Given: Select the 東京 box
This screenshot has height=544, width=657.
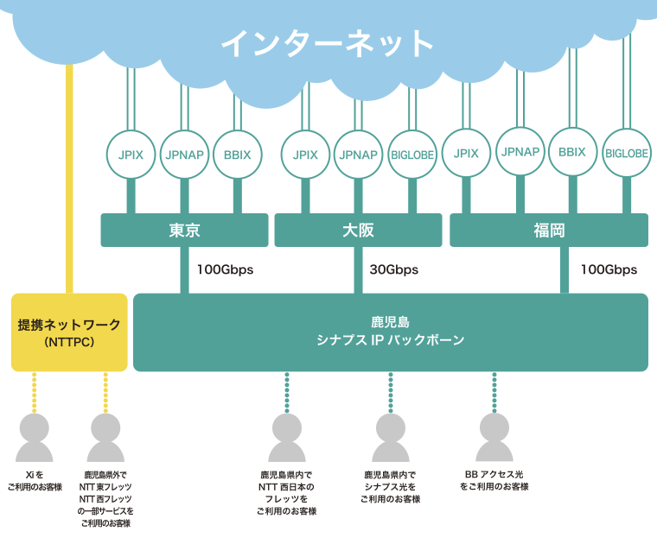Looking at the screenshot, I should pyautogui.click(x=185, y=231).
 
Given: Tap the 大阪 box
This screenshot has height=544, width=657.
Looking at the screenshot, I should pyautogui.click(x=358, y=231).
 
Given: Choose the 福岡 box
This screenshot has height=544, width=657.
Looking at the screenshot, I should pyautogui.click(x=548, y=231).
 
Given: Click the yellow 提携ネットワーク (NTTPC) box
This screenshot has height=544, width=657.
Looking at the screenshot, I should pyautogui.click(x=69, y=332).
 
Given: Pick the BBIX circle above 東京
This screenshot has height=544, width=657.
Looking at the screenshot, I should pyautogui.click(x=237, y=155).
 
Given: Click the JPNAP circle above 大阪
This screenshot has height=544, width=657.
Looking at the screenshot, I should pyautogui.click(x=358, y=155).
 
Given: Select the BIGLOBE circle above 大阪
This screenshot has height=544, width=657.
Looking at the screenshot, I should pyautogui.click(x=411, y=155).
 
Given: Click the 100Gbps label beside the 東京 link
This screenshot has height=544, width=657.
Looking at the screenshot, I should pyautogui.click(x=225, y=269).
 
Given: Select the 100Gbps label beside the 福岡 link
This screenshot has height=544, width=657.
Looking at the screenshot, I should pyautogui.click(x=609, y=269).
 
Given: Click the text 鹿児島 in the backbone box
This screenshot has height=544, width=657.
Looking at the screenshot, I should pyautogui.click(x=390, y=323).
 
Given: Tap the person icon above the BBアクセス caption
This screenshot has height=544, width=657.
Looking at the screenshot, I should pyautogui.click(x=494, y=435).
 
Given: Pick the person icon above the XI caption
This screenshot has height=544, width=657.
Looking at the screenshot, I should pyautogui.click(x=35, y=437).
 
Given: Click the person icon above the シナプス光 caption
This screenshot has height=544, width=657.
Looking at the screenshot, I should pyautogui.click(x=391, y=437).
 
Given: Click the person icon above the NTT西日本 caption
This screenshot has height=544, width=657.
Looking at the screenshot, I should pyautogui.click(x=287, y=437).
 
